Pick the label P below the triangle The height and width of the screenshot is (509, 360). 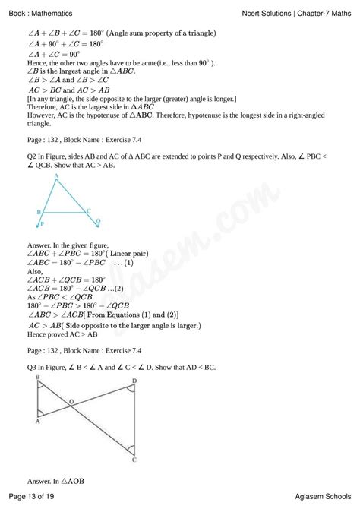tap(43, 225)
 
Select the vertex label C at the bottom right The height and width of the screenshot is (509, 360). tap(134, 460)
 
